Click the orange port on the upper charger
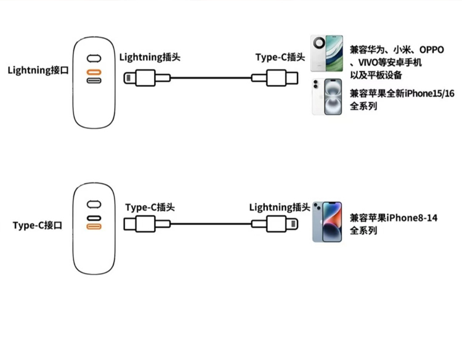tap(94, 70)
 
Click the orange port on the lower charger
tap(94, 227)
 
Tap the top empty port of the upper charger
tap(94, 59)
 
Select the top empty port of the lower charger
tap(94, 204)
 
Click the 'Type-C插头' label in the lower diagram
tap(150, 208)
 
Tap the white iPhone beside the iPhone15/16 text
tap(326, 96)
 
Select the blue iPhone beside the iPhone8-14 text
tap(326, 221)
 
